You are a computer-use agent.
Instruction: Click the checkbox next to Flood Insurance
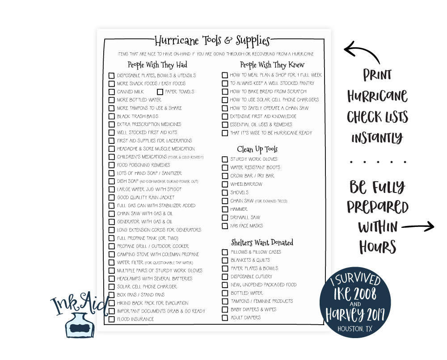[112, 319]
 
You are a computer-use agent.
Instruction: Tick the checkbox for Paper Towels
[160, 92]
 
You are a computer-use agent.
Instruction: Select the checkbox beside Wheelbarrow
[225, 184]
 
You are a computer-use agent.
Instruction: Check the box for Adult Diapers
[225, 318]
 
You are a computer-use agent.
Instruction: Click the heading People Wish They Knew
[272, 65]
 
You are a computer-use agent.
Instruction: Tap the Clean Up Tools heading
[257, 149]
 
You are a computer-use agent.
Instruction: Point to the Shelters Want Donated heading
[262, 243]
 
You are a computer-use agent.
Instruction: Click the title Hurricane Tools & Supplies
[212, 41]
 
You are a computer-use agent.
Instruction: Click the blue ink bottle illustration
[81, 324]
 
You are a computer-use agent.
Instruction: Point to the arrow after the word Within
[417, 226]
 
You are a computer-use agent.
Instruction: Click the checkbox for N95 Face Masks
[225, 226]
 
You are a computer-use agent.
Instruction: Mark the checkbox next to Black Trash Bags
[112, 116]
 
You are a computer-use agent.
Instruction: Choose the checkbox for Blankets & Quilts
[225, 260]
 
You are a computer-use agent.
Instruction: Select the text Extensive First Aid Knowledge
[263, 116]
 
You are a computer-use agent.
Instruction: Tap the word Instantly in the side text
[377, 138]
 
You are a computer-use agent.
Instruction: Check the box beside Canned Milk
[112, 92]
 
